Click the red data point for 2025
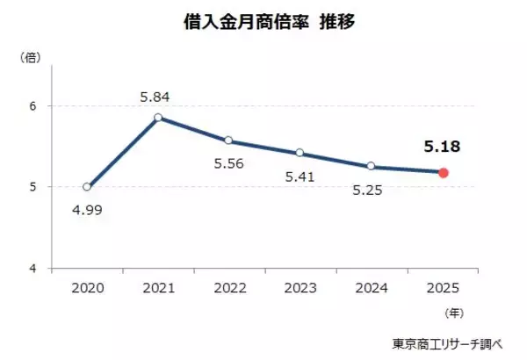pyautogui.click(x=444, y=173)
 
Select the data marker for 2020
pyautogui.click(x=87, y=187)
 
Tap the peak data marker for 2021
pyautogui.click(x=158, y=118)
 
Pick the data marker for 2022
pyautogui.click(x=229, y=140)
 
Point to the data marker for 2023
pyautogui.click(x=300, y=153)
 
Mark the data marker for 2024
pyautogui.click(x=372, y=166)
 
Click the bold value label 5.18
pyautogui.click(x=443, y=147)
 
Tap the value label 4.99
pyautogui.click(x=87, y=210)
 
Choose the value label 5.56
pyautogui.click(x=228, y=163)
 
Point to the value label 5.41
pyautogui.click(x=300, y=178)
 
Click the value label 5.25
pyautogui.click(x=370, y=190)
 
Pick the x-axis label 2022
pyautogui.click(x=229, y=286)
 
